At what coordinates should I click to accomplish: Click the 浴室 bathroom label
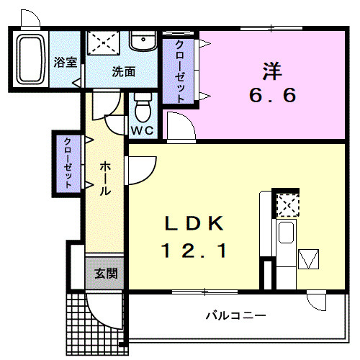click(x=66, y=62)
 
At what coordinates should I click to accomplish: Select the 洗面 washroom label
click(x=123, y=71)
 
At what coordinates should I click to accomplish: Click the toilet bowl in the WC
click(x=142, y=109)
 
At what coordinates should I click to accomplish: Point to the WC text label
click(x=141, y=130)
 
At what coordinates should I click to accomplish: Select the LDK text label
click(x=193, y=223)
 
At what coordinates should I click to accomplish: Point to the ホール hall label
click(x=104, y=179)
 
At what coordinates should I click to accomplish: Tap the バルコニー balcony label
click(x=235, y=315)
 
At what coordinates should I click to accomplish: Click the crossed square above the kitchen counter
click(x=287, y=206)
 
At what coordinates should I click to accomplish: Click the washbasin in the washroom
click(x=144, y=40)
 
